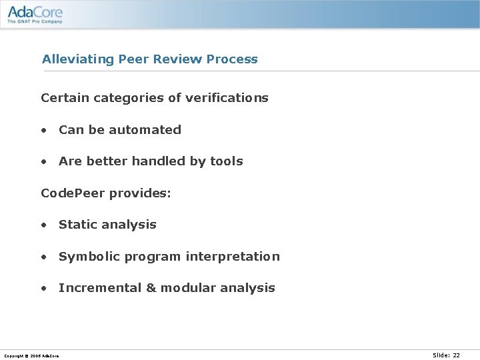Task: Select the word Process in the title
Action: point(232,59)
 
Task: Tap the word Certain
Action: point(65,98)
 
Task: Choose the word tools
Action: point(227,161)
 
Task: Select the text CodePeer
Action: point(73,193)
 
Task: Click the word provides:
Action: point(140,193)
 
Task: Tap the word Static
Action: point(76,225)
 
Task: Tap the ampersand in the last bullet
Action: point(151,288)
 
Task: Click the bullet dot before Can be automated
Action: point(43,131)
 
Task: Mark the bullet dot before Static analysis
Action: point(43,225)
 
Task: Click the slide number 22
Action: point(456,355)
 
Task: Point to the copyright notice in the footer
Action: point(31,356)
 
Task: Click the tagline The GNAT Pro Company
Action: point(35,21)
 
